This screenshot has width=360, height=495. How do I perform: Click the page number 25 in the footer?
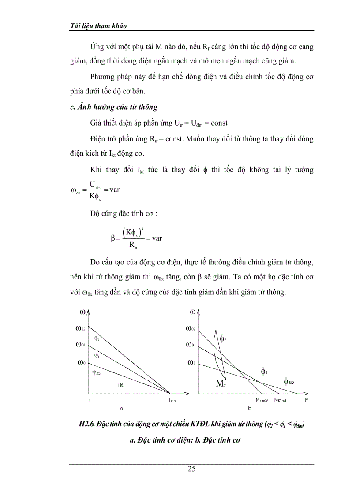click(x=191, y=469)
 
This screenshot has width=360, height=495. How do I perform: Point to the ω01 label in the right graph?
click(x=191, y=344)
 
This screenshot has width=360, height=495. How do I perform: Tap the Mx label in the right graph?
click(x=221, y=383)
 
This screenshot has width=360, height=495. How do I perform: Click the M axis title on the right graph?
click(x=306, y=400)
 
